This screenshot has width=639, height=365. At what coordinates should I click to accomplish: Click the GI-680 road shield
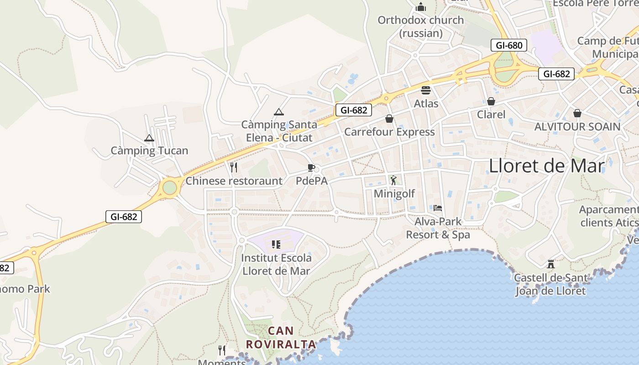509,45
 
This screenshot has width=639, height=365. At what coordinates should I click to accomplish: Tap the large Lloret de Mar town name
546,166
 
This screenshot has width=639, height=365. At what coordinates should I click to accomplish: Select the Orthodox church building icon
421,7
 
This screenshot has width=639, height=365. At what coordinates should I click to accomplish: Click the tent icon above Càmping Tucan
149,138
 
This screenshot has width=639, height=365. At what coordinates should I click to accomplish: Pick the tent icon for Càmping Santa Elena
278,112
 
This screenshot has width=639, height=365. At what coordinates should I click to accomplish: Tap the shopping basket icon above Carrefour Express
389,119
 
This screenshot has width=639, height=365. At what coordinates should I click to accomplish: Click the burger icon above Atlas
426,90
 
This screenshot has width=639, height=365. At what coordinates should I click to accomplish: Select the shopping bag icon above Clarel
491,101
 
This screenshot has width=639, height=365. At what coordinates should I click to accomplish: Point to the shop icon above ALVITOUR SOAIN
577,113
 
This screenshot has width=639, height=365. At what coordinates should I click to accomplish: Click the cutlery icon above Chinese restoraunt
234,167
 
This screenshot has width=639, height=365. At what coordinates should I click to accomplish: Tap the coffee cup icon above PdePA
311,167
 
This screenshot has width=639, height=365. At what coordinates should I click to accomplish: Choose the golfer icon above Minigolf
394,180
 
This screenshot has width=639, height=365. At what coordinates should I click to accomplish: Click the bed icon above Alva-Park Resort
438,208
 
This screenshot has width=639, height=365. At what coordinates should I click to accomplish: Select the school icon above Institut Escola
276,245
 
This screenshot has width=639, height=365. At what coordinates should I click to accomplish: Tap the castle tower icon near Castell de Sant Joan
551,264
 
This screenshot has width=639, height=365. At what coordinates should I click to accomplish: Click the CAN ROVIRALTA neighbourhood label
281,337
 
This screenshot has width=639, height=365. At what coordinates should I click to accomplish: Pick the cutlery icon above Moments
222,350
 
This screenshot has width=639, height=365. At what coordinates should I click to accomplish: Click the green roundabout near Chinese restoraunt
169,188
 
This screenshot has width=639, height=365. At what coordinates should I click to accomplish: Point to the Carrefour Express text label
389,132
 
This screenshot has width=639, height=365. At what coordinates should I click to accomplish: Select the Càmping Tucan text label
149,151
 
